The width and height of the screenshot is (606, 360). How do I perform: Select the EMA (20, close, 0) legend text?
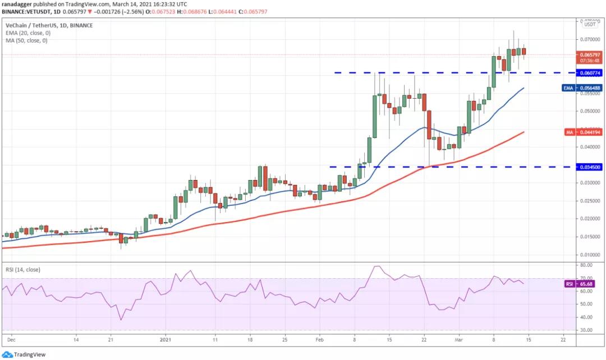[x=26, y=33]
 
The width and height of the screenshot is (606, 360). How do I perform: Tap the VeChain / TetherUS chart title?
[x=49, y=25]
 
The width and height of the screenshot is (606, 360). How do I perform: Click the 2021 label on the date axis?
[x=165, y=340]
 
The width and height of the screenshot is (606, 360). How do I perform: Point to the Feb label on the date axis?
[x=319, y=340]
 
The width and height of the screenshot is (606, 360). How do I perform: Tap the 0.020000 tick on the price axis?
[x=589, y=219]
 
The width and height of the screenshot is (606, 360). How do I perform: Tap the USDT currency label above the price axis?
[x=590, y=24]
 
